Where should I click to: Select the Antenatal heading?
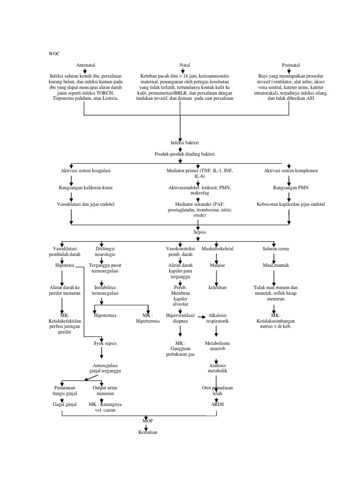click(x=85, y=65)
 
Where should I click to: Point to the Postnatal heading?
click(x=291, y=65)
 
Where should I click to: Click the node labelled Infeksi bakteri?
click(x=181, y=142)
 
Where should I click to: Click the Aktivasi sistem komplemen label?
click(x=288, y=171)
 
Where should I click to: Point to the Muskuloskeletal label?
click(x=217, y=248)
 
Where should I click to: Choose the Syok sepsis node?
click(x=105, y=344)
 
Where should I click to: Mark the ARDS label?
click(x=217, y=404)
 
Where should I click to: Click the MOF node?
click(x=148, y=420)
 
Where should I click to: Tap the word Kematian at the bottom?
click(x=148, y=432)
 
